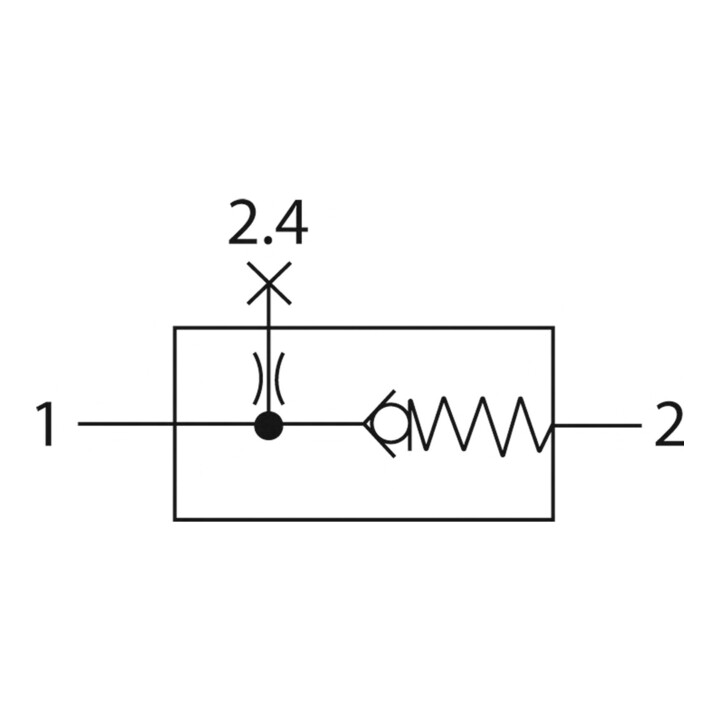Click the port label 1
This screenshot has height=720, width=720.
coord(46,423)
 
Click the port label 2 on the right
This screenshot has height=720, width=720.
coord(669,424)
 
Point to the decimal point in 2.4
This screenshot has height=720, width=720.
coord(267,240)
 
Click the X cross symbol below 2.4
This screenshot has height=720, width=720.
coord(269,283)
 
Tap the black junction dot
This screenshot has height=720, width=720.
coord(269,425)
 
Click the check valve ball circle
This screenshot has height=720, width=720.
coord(390,424)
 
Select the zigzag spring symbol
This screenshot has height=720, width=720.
coord(480,423)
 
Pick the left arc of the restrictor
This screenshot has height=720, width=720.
coord(259,379)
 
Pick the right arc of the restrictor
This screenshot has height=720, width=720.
coord(278,379)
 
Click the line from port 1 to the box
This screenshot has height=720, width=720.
coord(126,423)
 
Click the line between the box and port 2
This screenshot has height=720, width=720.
coord(597,426)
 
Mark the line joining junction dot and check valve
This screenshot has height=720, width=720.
coord(323,424)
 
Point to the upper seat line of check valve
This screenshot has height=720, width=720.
coord(379,407)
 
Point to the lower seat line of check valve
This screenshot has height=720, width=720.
coord(379,441)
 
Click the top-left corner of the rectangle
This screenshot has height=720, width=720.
coord(175,328)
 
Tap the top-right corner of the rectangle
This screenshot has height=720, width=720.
coord(553,328)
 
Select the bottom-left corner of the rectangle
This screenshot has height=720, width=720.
coord(175,519)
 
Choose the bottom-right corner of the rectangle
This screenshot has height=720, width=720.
coord(553,519)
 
